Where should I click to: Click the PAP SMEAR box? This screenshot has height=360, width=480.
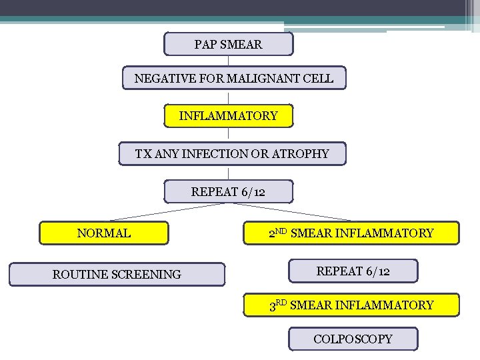tap(228, 45)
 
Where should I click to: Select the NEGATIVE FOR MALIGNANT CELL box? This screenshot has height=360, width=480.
tap(234, 79)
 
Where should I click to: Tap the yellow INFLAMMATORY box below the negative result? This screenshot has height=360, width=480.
tap(228, 116)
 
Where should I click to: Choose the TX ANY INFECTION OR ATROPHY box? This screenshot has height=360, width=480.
tap(232, 154)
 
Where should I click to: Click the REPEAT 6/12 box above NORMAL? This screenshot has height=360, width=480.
tap(228, 192)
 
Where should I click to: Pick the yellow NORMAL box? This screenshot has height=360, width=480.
tap(104, 233)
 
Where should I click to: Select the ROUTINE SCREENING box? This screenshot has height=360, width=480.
tap(117, 274)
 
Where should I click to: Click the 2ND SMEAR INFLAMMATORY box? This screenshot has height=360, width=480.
tap(351, 233)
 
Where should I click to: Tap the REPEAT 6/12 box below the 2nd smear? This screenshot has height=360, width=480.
tap(353, 271)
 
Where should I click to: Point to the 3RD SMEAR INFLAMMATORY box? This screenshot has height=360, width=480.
tap(351, 305)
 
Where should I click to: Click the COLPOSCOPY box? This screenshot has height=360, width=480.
tap(353, 339)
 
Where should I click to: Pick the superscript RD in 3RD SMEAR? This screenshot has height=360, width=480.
tap(281, 302)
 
